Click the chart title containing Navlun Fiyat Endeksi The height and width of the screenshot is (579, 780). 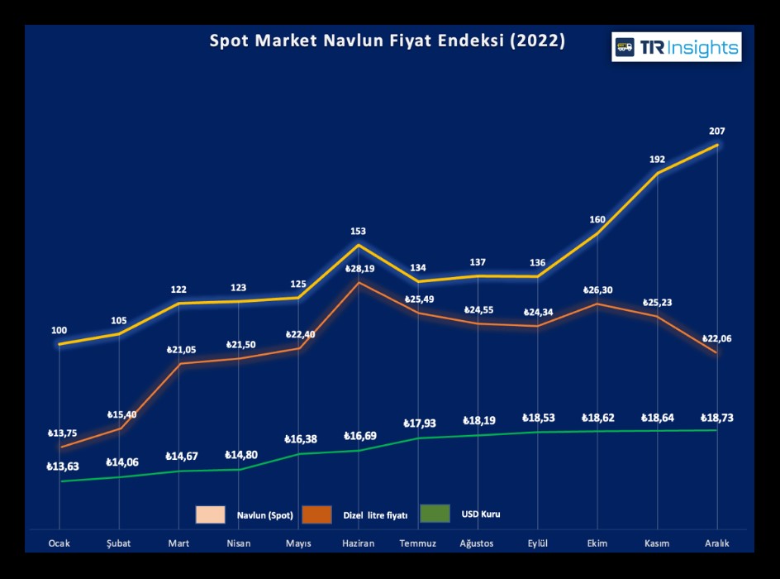pos(388,41)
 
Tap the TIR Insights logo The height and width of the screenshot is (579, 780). pos(677,47)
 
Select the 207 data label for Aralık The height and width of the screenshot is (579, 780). pos(716,131)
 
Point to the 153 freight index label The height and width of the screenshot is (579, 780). pos(358,232)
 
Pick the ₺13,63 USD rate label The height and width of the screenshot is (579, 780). pos(63,467)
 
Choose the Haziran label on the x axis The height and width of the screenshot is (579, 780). pos(358,543)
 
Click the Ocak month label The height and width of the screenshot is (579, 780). pos(59,543)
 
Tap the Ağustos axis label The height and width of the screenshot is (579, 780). pos(478,543)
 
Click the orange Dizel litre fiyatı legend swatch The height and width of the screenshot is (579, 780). pos(316,514)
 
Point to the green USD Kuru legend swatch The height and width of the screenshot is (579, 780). pos(435,514)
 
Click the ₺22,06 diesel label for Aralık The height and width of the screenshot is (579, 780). pos(716,339)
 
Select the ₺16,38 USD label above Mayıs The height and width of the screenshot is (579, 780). pos(300,439)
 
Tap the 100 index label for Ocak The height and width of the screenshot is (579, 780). pos(59,331)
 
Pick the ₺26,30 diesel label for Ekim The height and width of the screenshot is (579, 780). pos(597,289)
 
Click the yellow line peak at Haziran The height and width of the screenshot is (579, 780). pos(358,245)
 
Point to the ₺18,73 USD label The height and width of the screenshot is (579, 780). pos(716,419)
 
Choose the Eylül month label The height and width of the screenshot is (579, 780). pos(538,543)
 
